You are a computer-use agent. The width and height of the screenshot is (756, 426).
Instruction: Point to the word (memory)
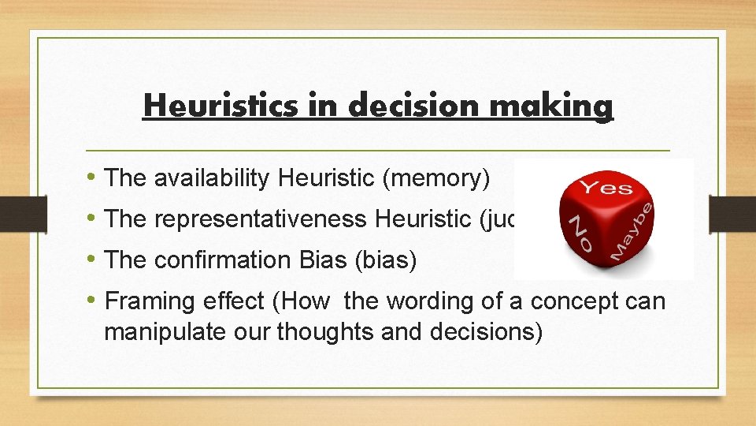[435, 179]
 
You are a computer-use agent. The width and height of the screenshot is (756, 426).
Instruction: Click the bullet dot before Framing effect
[94, 301]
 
